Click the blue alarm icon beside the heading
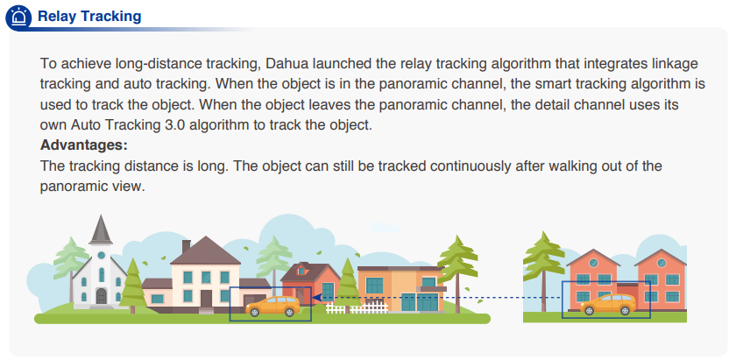click(x=18, y=18)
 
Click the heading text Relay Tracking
click(x=89, y=17)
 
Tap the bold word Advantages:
click(x=84, y=145)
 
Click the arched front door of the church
click(x=102, y=296)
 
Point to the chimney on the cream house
click(x=186, y=246)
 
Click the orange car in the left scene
click(x=272, y=306)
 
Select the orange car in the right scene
click(x=608, y=304)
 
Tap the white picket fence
click(x=357, y=308)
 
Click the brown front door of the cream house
click(x=207, y=299)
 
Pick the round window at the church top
click(x=102, y=256)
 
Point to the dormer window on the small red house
click(x=301, y=271)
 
